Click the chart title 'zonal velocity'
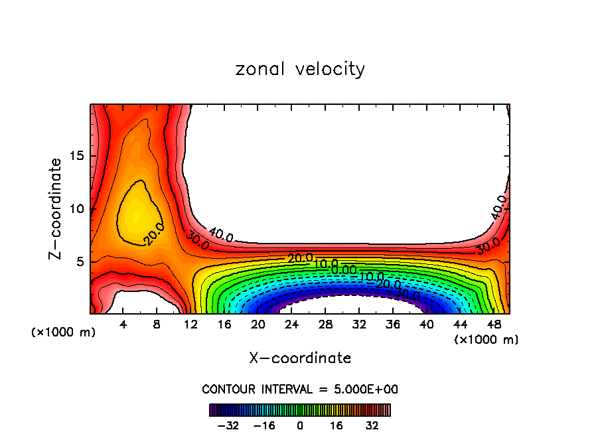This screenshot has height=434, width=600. tap(300, 69)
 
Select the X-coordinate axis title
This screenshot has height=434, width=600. tap(300, 358)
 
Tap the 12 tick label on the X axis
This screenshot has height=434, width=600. tap(191, 325)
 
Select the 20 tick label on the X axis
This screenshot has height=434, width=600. tap(258, 325)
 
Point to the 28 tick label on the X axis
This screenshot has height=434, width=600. tap(325, 325)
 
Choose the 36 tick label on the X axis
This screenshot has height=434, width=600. tap(392, 325)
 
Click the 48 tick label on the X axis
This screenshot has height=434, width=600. tap(493, 325)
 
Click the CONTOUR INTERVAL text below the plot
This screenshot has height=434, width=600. tap(300, 389)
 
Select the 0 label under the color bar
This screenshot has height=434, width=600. tap(300, 424)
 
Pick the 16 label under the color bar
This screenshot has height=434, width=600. tap(337, 424)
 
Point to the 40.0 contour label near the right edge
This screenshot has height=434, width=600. tap(499, 206)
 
